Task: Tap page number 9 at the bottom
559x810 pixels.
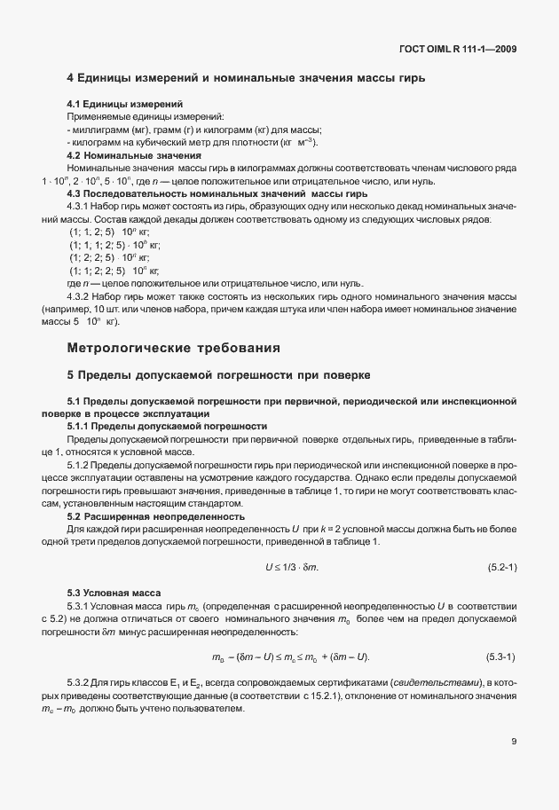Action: click(x=514, y=741)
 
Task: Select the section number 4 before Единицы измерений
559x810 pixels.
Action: click(x=71, y=78)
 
